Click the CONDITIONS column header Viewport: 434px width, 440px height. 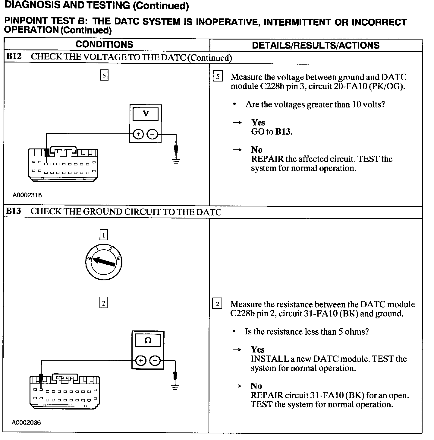104,45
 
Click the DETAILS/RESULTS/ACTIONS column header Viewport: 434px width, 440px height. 316,45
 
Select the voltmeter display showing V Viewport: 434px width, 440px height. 146,114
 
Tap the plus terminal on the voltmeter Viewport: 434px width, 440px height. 138,134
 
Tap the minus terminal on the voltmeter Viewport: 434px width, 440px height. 153,134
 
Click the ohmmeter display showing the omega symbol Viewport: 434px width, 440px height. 148,341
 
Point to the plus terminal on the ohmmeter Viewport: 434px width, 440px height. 140,360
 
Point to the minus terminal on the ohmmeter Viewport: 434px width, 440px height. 155,360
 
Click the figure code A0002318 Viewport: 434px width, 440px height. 27,195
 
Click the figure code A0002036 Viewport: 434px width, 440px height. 26,422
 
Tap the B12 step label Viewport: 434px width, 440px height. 14,56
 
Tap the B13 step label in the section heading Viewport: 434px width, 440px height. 13,211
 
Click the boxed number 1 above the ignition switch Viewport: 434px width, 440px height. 103,235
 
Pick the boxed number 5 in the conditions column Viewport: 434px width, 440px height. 104,75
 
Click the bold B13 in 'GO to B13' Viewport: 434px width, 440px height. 283,132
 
